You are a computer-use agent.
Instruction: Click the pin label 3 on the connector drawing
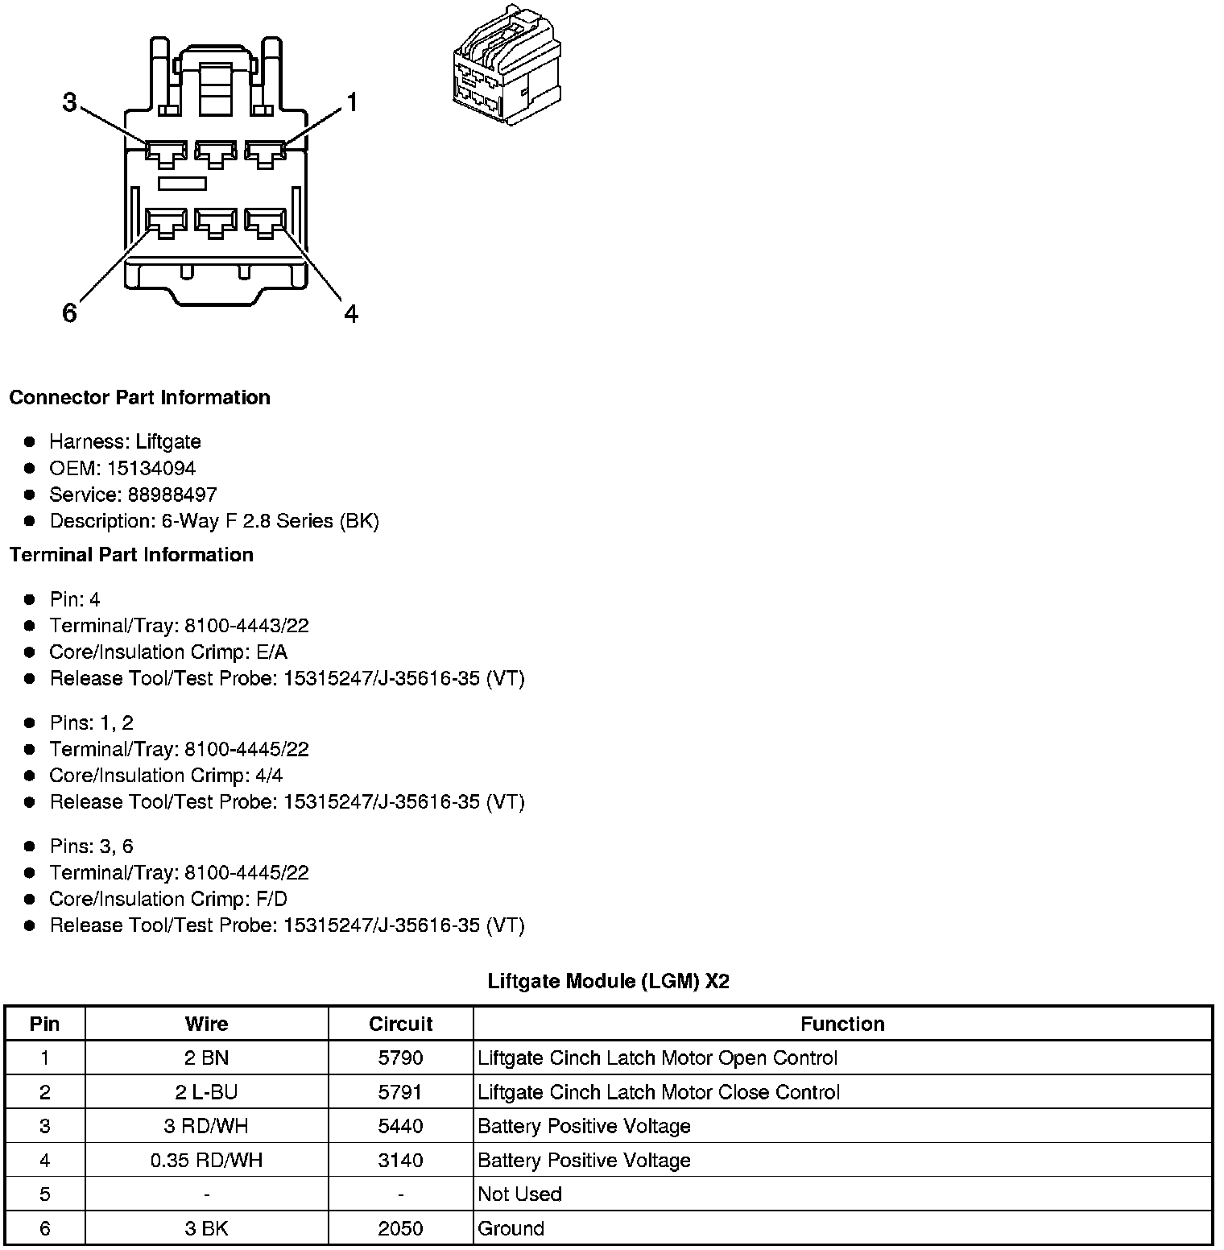[70, 103]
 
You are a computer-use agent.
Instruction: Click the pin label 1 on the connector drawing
[351, 103]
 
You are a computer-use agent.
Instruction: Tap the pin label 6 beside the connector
[70, 312]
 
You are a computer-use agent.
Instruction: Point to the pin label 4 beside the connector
[351, 313]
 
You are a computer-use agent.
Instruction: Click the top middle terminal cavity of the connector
[215, 153]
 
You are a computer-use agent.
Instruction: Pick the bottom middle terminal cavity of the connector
[215, 222]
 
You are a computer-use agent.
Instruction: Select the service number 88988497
[172, 495]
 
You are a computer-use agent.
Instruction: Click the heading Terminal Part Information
[131, 555]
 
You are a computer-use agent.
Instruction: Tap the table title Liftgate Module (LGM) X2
[608, 981]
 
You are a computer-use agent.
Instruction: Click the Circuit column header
[400, 1024]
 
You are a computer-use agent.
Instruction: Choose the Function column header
[842, 1024]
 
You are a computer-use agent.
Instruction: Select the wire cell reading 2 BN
[207, 1058]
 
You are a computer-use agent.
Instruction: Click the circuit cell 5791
[400, 1092]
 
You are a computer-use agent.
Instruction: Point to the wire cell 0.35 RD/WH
[207, 1160]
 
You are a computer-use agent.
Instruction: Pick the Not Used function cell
[519, 1194]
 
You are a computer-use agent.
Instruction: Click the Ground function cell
[511, 1228]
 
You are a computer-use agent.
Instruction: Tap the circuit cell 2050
[400, 1228]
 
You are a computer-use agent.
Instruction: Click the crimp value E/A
[271, 652]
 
